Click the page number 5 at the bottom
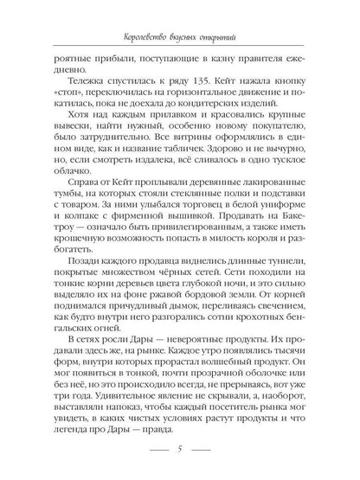179,450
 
